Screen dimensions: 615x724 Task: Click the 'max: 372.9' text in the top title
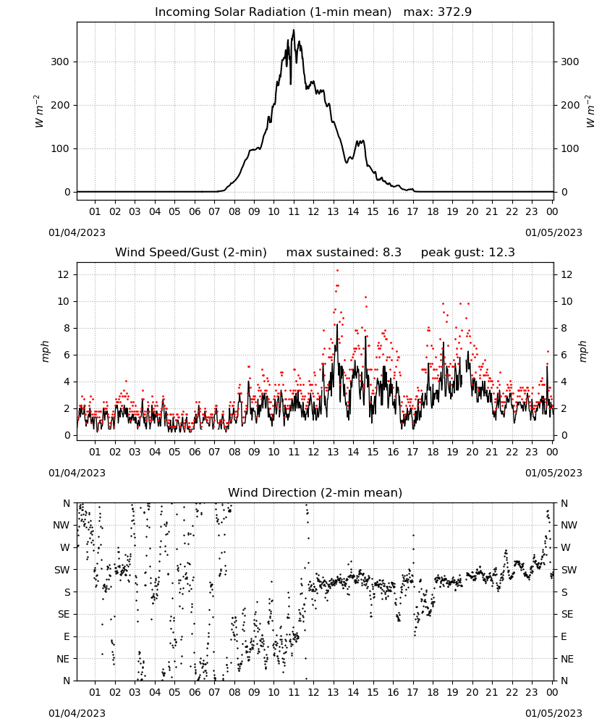pos(438,12)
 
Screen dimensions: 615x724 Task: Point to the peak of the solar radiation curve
pos(294,30)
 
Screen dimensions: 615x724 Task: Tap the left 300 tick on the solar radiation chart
pos(60,62)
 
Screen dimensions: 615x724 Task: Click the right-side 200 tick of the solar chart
pos(570,105)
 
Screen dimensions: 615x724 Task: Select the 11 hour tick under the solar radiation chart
pos(294,211)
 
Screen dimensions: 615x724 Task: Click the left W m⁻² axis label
pos(39,111)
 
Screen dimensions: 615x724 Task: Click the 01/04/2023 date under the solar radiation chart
pos(77,232)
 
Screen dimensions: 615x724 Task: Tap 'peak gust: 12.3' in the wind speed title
pos(468,253)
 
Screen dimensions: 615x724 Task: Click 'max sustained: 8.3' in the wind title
pos(344,253)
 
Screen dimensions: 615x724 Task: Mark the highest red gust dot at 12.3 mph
pos(337,271)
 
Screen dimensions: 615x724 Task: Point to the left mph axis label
pos(45,351)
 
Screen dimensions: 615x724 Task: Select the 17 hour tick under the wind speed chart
pos(413,452)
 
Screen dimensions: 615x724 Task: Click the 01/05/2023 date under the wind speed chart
pos(553,473)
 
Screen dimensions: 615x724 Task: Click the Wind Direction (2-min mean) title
pos(315,492)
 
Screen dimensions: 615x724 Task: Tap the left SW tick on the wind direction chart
pos(62,570)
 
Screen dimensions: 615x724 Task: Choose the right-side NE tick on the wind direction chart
pos(567,659)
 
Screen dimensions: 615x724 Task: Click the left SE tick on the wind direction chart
pos(64,614)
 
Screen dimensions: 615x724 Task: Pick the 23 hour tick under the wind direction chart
pos(532,692)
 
